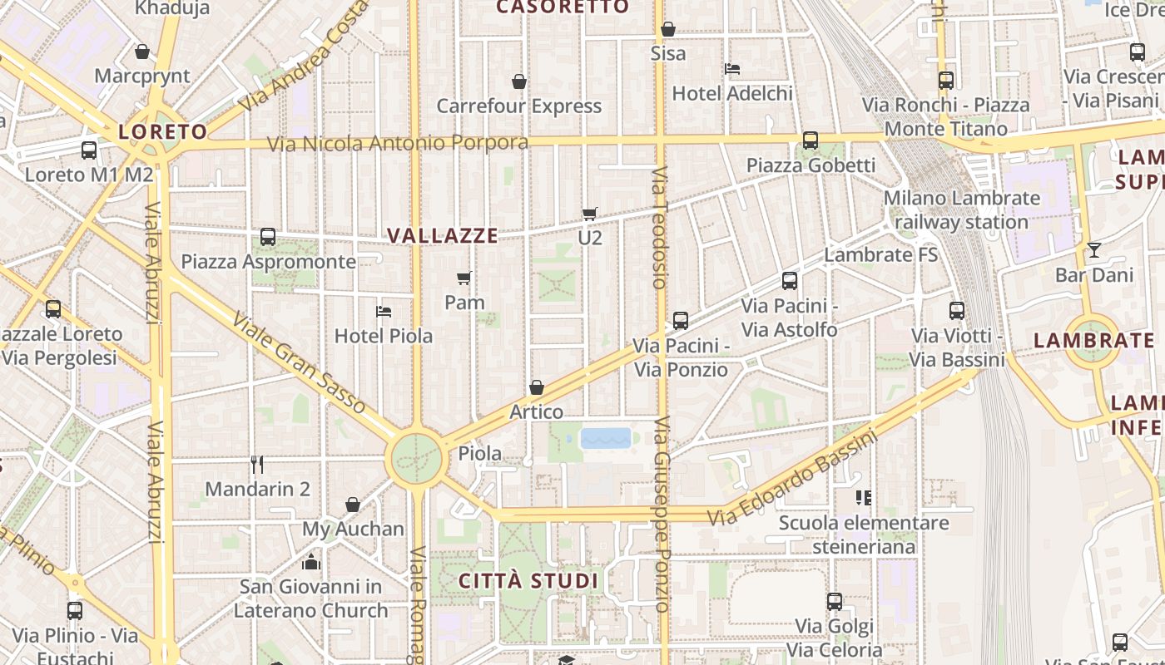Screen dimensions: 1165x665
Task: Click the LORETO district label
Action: click(162, 131)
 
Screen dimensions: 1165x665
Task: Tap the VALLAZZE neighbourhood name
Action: click(443, 236)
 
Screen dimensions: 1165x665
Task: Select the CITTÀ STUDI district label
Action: click(528, 580)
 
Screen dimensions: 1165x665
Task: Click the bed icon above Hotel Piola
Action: click(384, 312)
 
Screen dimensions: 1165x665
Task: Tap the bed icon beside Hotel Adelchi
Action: click(732, 68)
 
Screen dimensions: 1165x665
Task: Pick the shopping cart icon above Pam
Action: click(464, 278)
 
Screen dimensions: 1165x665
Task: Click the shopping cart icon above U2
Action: click(590, 214)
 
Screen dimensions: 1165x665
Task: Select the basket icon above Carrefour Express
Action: click(519, 81)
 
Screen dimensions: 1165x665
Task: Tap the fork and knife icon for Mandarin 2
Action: click(257, 465)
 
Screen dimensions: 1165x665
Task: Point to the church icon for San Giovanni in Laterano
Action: click(311, 563)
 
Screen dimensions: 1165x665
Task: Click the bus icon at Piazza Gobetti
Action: click(811, 140)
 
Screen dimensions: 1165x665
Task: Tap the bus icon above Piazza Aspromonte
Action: click(268, 237)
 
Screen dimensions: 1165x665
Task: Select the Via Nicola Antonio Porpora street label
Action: click(397, 143)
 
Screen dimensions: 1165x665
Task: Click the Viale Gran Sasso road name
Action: click(299, 362)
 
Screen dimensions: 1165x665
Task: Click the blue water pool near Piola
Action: click(606, 438)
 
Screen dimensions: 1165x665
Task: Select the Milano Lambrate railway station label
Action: click(962, 210)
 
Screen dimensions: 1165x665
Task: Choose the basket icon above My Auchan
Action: click(353, 505)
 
